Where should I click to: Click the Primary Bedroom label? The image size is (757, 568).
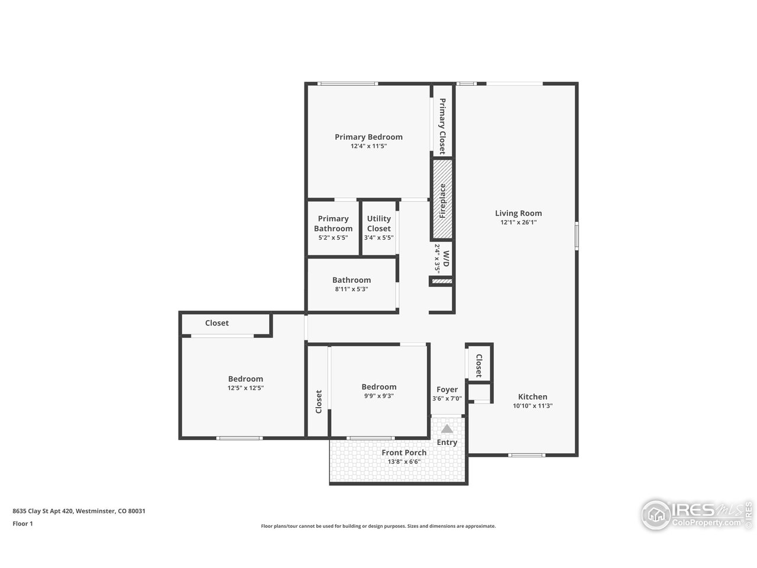368,137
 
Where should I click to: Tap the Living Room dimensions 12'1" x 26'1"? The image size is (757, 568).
518,222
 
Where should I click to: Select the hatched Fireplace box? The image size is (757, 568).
442,199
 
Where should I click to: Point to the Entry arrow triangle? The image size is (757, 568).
447,429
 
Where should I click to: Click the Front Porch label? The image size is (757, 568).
404,453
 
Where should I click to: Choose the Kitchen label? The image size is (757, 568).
532,396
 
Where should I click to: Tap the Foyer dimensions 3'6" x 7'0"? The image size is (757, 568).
447,398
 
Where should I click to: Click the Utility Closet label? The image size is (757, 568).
378,224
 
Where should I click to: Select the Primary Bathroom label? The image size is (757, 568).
333,224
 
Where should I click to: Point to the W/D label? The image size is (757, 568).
446,259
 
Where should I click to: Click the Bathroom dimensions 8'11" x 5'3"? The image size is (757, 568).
351,289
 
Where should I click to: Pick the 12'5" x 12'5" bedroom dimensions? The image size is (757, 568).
245,388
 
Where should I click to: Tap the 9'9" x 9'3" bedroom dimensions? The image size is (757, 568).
378,396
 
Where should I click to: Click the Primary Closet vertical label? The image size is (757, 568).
442,126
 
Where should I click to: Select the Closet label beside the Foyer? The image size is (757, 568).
478,366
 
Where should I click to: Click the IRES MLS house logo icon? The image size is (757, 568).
656,515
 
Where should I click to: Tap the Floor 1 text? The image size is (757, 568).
22,524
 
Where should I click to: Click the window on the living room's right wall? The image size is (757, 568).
576,235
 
